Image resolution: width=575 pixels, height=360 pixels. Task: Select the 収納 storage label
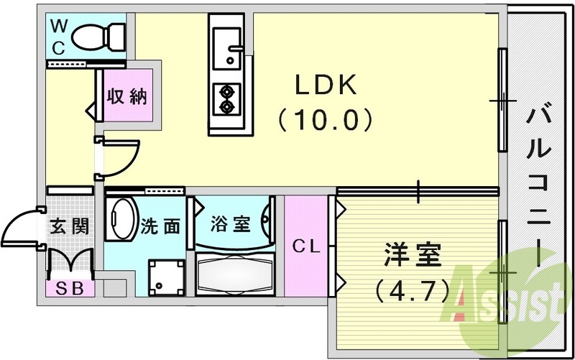128,97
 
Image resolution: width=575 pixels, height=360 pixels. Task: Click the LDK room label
326,86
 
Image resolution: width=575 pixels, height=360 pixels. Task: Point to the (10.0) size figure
326,119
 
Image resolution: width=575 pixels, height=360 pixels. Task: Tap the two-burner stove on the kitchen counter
229,99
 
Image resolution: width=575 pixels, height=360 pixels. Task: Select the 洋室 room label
411,255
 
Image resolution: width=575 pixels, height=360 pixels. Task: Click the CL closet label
306,246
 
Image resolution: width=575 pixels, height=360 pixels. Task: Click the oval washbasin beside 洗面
122,219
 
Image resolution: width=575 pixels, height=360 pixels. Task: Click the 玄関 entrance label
70,226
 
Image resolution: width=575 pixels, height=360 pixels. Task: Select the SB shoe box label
70,289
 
